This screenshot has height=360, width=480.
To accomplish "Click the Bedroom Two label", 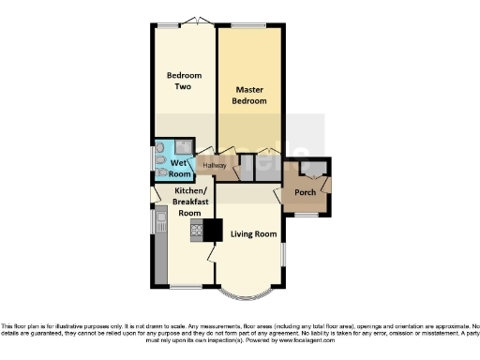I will point(179,81).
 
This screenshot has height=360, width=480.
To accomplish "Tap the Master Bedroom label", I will point(249,95).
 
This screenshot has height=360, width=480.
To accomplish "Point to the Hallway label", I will point(214,166).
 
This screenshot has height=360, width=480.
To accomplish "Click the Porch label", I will point(306,192).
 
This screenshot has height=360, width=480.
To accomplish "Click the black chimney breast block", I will point(213,230).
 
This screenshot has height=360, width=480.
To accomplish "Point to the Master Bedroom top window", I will point(248,23).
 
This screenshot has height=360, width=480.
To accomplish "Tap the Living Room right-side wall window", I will point(282,253).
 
